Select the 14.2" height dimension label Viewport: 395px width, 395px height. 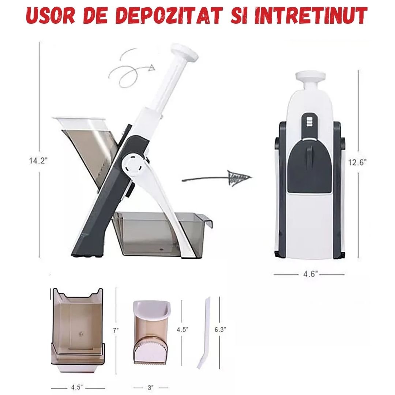tap(39, 161)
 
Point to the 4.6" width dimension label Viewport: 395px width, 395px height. tap(309, 274)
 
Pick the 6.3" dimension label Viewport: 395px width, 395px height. tap(220, 329)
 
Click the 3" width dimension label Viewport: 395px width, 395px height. tap(150, 387)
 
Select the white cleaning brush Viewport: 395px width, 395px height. tap(204, 333)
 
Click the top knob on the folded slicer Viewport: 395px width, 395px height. tap(311, 77)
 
